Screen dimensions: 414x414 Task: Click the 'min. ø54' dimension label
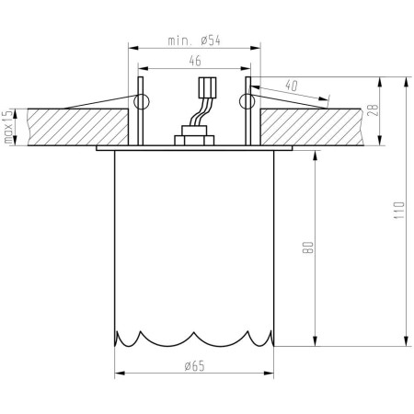pyautogui.click(x=192, y=41)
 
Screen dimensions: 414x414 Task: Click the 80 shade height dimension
pyautogui.click(x=311, y=247)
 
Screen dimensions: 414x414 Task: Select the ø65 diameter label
pyautogui.click(x=194, y=366)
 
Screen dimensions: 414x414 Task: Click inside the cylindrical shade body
pyautogui.click(x=194, y=239)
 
